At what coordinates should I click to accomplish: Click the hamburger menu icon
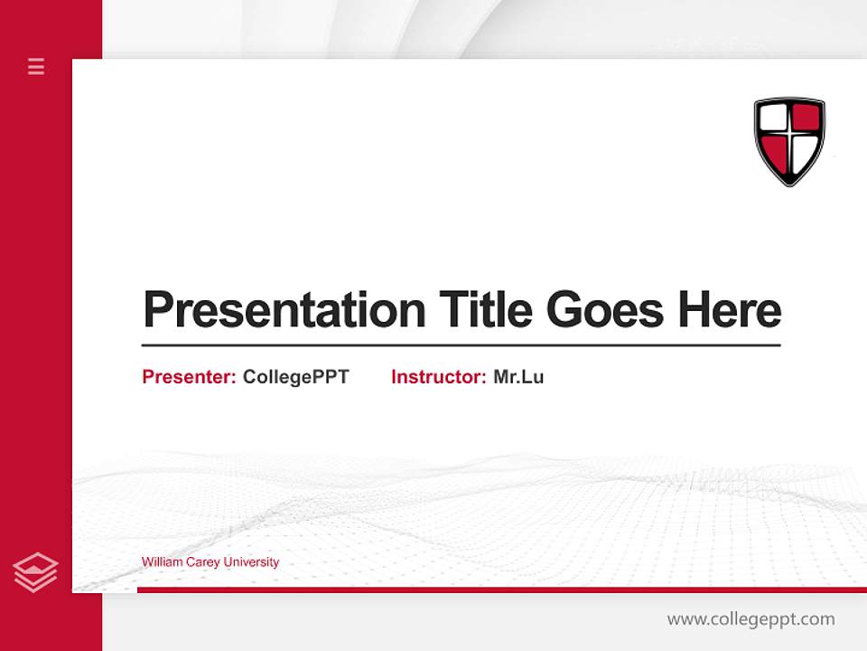[36, 66]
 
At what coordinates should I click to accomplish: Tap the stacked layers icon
[35, 572]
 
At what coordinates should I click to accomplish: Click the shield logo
[789, 141]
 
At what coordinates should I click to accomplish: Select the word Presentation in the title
[284, 310]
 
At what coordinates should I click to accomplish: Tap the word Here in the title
[730, 310]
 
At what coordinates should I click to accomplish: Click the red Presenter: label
[190, 377]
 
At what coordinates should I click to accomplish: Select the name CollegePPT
[295, 377]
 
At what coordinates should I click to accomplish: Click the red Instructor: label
[439, 377]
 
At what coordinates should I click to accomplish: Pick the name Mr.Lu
[518, 377]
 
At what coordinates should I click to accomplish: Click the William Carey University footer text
[210, 562]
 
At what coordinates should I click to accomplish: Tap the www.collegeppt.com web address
[750, 619]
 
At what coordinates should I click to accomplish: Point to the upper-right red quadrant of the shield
[806, 118]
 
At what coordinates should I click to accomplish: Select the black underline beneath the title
[461, 345]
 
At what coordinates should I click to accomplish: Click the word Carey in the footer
[203, 562]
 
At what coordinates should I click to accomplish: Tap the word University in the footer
[251, 562]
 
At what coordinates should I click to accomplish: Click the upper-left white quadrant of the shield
[773, 118]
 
